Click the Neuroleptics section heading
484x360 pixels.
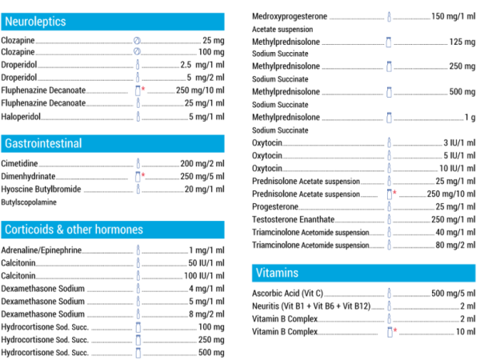point(35,22)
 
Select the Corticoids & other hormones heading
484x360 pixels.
point(74,230)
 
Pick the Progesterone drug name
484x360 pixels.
point(275,206)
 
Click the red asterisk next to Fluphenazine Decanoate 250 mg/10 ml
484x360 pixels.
point(143,90)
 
